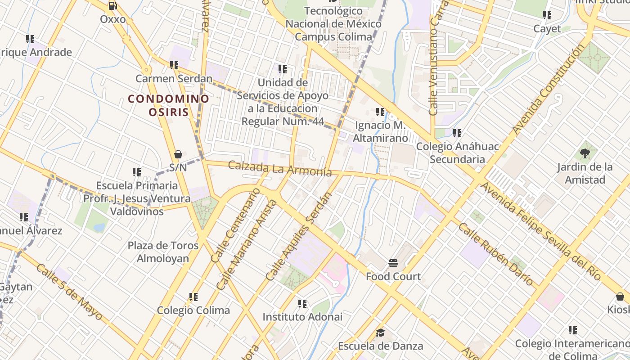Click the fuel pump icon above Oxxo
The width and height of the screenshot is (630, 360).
click(x=112, y=6)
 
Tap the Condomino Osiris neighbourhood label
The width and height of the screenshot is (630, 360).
click(x=169, y=105)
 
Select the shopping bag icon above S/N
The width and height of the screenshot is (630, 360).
click(x=178, y=155)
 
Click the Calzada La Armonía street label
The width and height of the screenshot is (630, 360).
click(x=280, y=169)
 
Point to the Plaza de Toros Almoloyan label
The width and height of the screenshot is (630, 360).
click(x=163, y=252)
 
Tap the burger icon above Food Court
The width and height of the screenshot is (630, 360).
click(x=393, y=263)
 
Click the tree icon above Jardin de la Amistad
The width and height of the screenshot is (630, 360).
click(x=585, y=154)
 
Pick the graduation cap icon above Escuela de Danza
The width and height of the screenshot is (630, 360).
click(x=380, y=333)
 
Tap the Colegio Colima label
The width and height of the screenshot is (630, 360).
click(x=193, y=310)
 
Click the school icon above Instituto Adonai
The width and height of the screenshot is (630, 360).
click(x=302, y=304)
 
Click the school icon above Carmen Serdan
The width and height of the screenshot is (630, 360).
click(x=174, y=65)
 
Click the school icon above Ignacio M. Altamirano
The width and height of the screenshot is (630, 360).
click(x=380, y=112)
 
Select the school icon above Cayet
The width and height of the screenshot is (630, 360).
click(x=547, y=15)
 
